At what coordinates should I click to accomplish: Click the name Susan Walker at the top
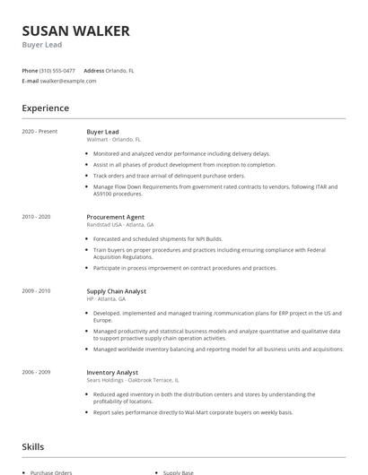tap(76, 31)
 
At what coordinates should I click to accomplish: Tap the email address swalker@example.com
tap(68, 81)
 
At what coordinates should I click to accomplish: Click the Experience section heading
tap(46, 108)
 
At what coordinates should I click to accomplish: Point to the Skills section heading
tap(33, 445)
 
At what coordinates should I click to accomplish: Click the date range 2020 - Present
tap(39, 132)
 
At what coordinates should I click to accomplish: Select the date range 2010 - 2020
tap(37, 217)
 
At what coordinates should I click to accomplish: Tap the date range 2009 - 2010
tap(37, 291)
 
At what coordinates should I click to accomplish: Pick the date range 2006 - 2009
tap(37, 372)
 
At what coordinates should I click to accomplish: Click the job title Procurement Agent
tap(116, 217)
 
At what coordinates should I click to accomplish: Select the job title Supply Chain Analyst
tap(116, 291)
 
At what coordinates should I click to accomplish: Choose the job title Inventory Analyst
tap(111, 372)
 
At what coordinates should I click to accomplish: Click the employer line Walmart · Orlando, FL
tap(114, 140)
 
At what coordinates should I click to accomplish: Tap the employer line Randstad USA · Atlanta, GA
tap(120, 225)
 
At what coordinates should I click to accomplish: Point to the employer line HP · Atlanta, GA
tap(107, 299)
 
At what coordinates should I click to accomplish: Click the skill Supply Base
tap(179, 471)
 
